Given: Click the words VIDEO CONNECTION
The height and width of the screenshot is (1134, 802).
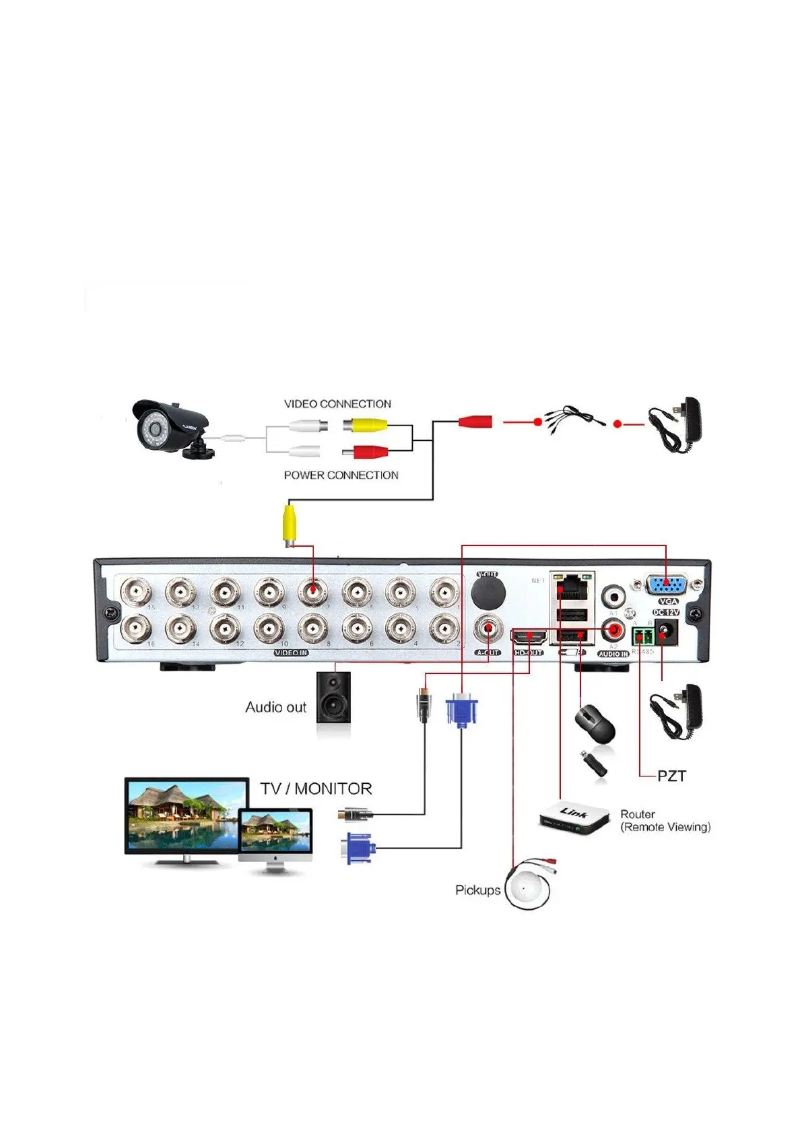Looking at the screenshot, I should (337, 404).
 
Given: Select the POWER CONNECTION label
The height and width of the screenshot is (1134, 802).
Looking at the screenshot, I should (341, 475).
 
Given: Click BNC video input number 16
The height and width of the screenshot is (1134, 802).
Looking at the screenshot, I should (136, 629).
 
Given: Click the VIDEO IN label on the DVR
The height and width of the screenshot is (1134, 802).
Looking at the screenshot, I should (291, 653).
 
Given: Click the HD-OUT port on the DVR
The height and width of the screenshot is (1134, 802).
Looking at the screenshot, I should (529, 636).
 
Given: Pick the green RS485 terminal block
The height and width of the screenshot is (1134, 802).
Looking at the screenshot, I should (642, 635).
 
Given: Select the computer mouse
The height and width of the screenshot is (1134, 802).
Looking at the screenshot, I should (595, 724).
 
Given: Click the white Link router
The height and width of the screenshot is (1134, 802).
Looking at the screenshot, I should (574, 818).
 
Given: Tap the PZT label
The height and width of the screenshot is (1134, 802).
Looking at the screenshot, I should (671, 776).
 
